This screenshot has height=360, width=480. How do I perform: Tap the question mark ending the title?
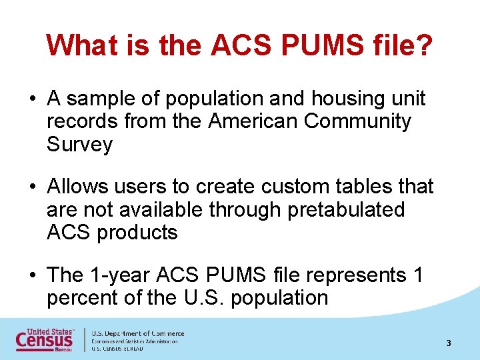click(424, 46)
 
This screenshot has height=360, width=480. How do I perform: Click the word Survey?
click(79, 145)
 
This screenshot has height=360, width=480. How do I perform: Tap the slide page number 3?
click(449, 343)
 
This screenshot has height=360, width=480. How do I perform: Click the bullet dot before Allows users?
click(32, 187)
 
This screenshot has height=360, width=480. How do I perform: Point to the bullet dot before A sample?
click(32, 99)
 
